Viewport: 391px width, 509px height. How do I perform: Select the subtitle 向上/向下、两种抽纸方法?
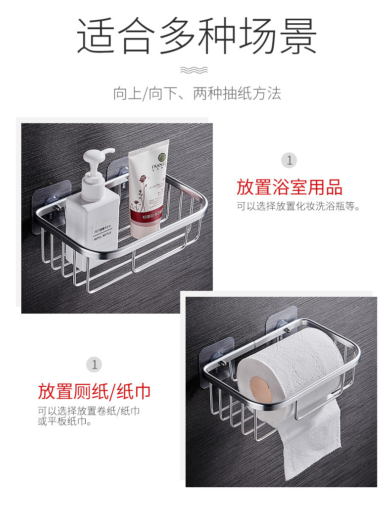pos(196,93)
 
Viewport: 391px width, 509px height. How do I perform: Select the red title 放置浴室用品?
pos(289,187)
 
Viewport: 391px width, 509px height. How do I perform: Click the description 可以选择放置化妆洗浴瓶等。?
pos(297,207)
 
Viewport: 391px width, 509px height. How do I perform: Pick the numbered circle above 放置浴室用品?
pos(290,160)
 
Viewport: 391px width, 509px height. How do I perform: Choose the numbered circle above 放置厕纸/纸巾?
pos(94,365)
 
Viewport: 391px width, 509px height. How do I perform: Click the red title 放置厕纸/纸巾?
pos(94,392)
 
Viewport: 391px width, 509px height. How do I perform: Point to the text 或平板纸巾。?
pos(64,421)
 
